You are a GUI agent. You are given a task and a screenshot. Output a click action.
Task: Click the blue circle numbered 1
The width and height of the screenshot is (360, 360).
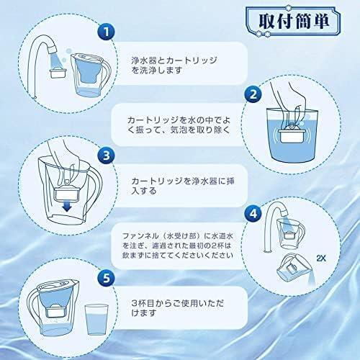click(x=107, y=32)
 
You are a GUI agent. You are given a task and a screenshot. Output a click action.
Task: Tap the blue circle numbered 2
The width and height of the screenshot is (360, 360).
click(x=253, y=94)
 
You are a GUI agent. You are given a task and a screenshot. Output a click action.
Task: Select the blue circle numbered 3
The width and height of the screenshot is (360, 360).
click(x=107, y=156)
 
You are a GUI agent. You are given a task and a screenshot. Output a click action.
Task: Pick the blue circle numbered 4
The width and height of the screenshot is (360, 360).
click(x=253, y=213)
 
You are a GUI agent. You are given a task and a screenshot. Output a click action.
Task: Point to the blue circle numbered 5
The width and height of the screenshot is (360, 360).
click(x=107, y=278)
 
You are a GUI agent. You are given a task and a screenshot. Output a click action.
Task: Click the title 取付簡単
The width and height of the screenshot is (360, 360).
click(x=294, y=22)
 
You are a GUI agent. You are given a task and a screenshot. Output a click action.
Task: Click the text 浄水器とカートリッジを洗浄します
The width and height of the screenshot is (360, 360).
click(x=174, y=65)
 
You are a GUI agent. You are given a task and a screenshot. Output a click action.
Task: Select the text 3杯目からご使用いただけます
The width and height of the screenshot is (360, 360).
click(x=178, y=308)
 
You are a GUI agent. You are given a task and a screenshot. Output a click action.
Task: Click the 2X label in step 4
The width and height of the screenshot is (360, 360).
click(x=321, y=258)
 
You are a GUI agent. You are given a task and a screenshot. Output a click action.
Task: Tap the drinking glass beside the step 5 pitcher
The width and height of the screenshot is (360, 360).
click(x=96, y=320)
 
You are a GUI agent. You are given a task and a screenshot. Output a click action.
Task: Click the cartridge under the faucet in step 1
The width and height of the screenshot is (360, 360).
click(x=58, y=73)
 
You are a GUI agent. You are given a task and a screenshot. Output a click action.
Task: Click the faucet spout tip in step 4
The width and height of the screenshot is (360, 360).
click(x=284, y=212)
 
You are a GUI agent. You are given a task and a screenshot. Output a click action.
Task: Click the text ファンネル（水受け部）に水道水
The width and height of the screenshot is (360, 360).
click(x=178, y=236)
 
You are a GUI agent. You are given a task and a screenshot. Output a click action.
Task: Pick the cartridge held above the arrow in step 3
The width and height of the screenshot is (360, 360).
click(x=67, y=191)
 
